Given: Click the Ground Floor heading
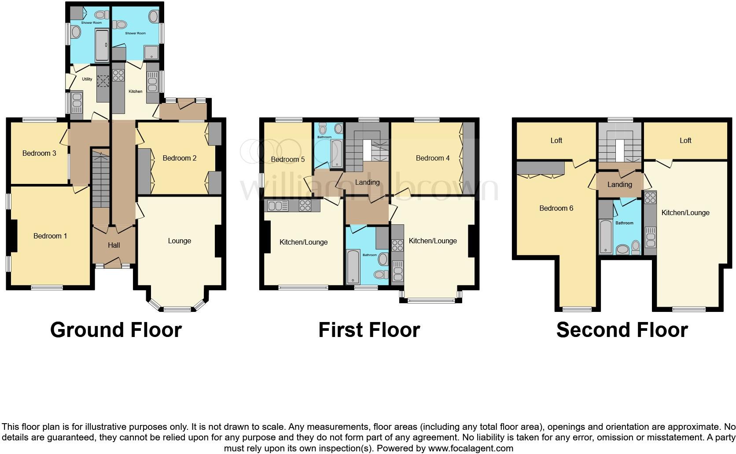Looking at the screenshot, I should (x=116, y=330).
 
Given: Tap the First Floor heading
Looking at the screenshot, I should (x=369, y=330).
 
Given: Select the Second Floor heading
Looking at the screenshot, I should (x=622, y=330).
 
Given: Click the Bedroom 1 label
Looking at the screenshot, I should (x=50, y=236).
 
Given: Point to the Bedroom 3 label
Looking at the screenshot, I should (x=39, y=154).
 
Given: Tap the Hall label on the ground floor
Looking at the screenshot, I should (x=114, y=245).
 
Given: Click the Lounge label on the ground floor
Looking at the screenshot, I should (x=179, y=241).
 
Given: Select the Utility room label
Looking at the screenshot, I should (x=87, y=79).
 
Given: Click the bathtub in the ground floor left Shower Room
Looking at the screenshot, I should (x=102, y=45).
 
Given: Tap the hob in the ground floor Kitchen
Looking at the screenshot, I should (x=118, y=75).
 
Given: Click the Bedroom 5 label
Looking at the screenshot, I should (x=288, y=160).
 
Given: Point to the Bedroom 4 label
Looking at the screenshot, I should (x=433, y=158).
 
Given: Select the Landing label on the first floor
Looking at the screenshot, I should (x=367, y=183).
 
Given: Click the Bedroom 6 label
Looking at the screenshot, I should (x=556, y=209).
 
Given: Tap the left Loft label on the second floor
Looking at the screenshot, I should (x=556, y=141).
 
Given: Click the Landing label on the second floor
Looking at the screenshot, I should (x=620, y=185).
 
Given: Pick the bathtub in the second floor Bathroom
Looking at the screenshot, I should (x=606, y=237).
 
